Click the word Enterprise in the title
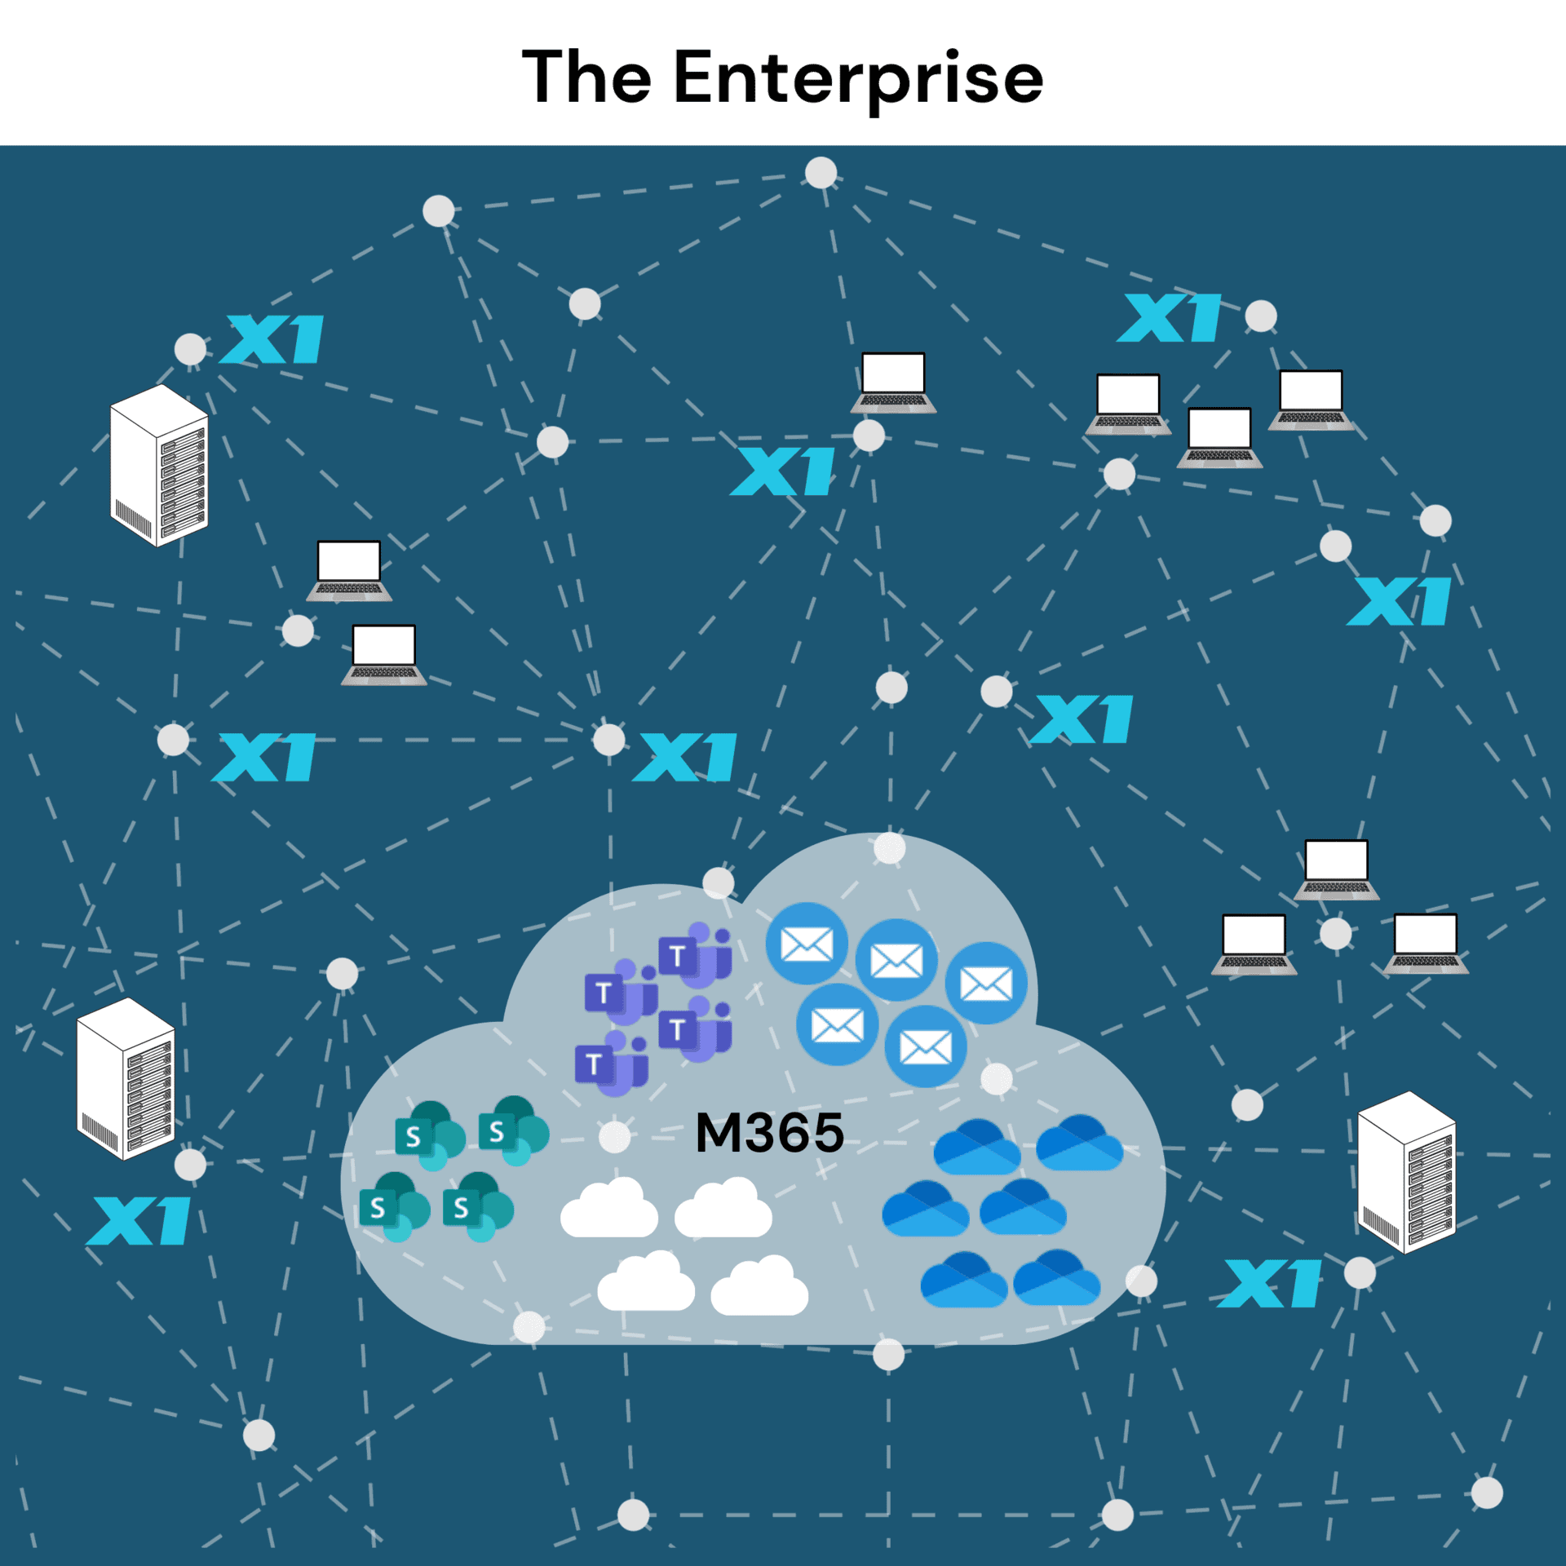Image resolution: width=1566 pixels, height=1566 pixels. pyautogui.click(x=858, y=78)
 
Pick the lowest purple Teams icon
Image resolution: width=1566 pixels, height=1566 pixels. pyautogui.click(x=612, y=1063)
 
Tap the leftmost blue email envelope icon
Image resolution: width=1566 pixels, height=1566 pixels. pyautogui.click(x=806, y=944)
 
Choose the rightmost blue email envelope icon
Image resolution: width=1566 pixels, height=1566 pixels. pyautogui.click(x=986, y=983)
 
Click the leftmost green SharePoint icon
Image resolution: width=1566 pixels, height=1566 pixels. pyautogui.click(x=395, y=1206)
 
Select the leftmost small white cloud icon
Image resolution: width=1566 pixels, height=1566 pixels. pyautogui.click(x=609, y=1208)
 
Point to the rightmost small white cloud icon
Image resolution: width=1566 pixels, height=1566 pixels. pyautogui.click(x=759, y=1286)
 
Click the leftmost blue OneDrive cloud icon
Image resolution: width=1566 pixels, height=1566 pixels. pyautogui.click(x=926, y=1209)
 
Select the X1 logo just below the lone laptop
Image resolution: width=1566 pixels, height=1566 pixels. pyautogui.click(x=783, y=471)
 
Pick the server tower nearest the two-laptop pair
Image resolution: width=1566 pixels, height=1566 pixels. pyautogui.click(x=159, y=465)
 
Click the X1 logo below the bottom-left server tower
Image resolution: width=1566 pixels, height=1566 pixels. pyautogui.click(x=139, y=1221)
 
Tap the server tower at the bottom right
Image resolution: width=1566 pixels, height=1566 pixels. pyautogui.click(x=1406, y=1171)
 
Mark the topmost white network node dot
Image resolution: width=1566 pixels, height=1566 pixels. pyautogui.click(x=821, y=173)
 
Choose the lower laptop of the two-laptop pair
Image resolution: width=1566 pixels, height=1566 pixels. pyautogui.click(x=384, y=654)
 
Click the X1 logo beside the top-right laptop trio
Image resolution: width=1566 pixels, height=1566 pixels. pyautogui.click(x=1170, y=318)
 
